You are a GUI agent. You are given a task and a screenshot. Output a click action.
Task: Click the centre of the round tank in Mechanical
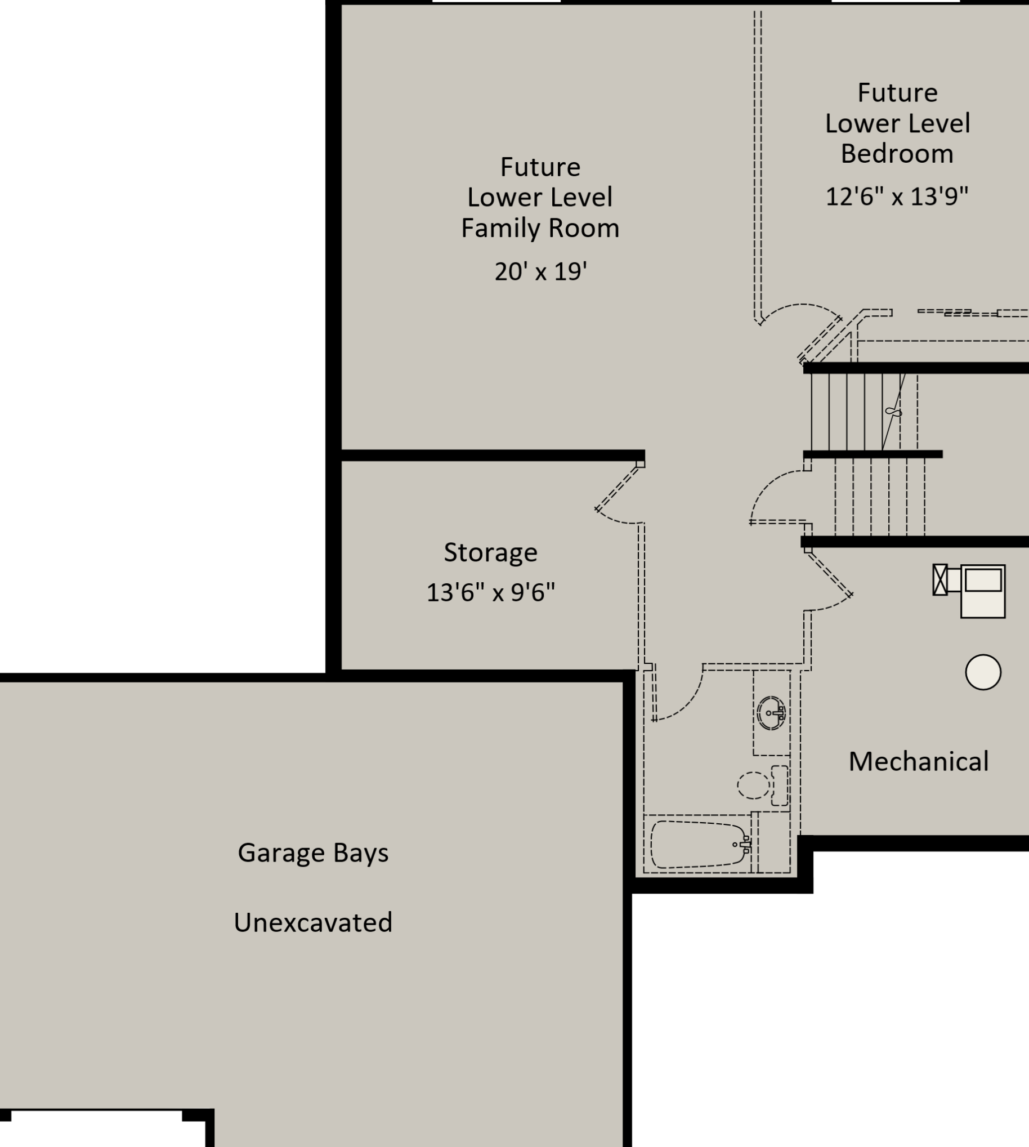pyautogui.click(x=983, y=672)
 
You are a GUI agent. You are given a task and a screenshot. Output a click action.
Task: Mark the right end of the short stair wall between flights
pyautogui.click(x=942, y=454)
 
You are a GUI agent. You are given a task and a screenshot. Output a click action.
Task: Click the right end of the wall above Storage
pyautogui.click(x=645, y=456)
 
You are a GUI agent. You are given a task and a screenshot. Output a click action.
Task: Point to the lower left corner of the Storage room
pyautogui.click(x=342, y=669)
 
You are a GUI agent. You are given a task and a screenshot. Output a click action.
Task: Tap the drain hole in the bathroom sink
pyautogui.click(x=768, y=713)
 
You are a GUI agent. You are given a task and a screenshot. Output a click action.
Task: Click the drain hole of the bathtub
pyautogui.click(x=735, y=845)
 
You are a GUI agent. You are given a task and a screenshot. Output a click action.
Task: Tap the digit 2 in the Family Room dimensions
pyautogui.click(x=501, y=272)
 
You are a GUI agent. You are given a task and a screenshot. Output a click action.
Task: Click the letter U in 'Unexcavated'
pyautogui.click(x=241, y=922)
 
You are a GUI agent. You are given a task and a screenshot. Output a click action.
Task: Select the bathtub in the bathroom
pyautogui.click(x=700, y=844)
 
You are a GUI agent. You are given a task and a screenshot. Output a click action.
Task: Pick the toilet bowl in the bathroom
pyautogui.click(x=754, y=785)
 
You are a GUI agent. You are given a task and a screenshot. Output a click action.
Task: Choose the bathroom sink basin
pyautogui.click(x=771, y=713)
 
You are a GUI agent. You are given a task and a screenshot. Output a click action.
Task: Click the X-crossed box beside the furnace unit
pyautogui.click(x=939, y=580)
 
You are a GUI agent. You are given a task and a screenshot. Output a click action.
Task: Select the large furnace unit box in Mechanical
pyautogui.click(x=983, y=591)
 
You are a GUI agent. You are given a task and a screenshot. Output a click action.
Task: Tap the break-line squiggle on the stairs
pyautogui.click(x=893, y=412)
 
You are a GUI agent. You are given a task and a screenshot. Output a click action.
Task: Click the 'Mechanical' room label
pyautogui.click(x=919, y=761)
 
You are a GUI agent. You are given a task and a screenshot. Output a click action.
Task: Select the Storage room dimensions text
pyautogui.click(x=491, y=593)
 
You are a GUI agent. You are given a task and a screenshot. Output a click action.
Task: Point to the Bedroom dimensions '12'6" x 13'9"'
pyautogui.click(x=897, y=197)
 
